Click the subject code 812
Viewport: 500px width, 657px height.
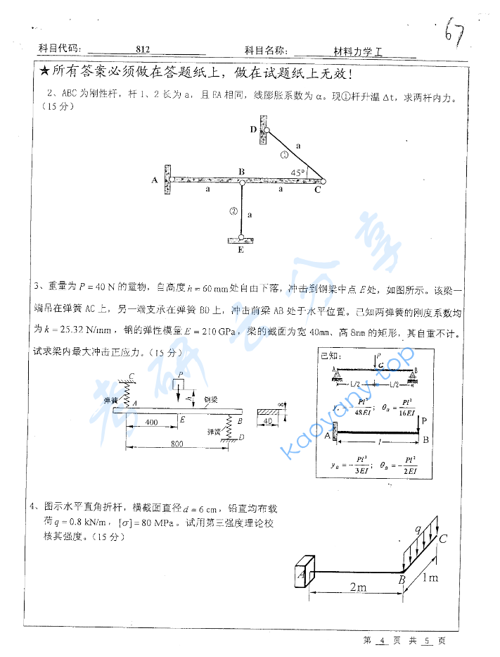tap(142, 50)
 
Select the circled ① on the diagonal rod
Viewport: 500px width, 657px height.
tap(284, 155)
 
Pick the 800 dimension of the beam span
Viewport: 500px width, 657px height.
tap(177, 444)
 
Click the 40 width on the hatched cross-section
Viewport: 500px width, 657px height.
tap(267, 422)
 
